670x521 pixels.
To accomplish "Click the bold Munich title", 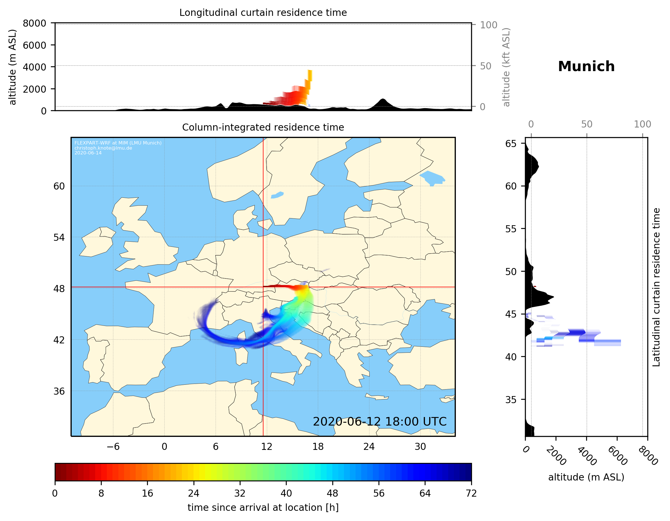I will pos(586,67).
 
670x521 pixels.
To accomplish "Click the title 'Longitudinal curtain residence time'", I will pos(263,12).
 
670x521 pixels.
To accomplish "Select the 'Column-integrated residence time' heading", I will pos(263,127).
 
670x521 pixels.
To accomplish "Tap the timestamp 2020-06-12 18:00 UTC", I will pos(380,422).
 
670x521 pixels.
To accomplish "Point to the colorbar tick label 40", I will pos(286,493).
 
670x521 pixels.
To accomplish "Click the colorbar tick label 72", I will pos(471,493).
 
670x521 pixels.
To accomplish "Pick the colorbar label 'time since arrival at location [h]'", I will pos(263,507).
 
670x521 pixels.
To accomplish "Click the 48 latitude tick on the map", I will pos(59,289).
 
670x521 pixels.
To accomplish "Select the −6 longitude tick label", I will pos(113,446).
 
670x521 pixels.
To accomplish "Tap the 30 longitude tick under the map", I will pos(420,446).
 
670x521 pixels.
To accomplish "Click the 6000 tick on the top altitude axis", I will pos(34,45).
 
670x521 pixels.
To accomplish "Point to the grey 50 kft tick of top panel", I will pos(485,66).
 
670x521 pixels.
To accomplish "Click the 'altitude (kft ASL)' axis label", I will pos(506,67).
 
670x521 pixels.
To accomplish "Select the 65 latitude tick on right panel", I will pos(511,144).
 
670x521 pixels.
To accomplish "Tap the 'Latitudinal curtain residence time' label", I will pos(656,287).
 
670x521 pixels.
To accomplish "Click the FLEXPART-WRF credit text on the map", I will pos(118,143).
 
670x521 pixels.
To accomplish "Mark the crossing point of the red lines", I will pos(263,287).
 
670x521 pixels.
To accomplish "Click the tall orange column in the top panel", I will pos(310,75).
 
